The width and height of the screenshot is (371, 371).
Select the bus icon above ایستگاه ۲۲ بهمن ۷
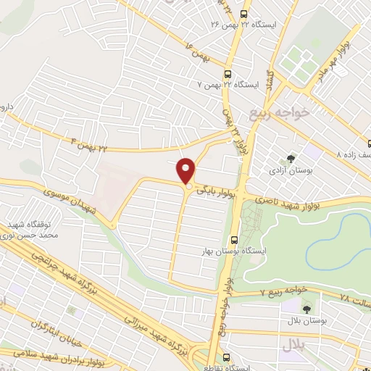pyautogui.click(x=228, y=73)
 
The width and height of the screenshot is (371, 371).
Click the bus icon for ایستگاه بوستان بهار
pyautogui.click(x=233, y=241)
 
